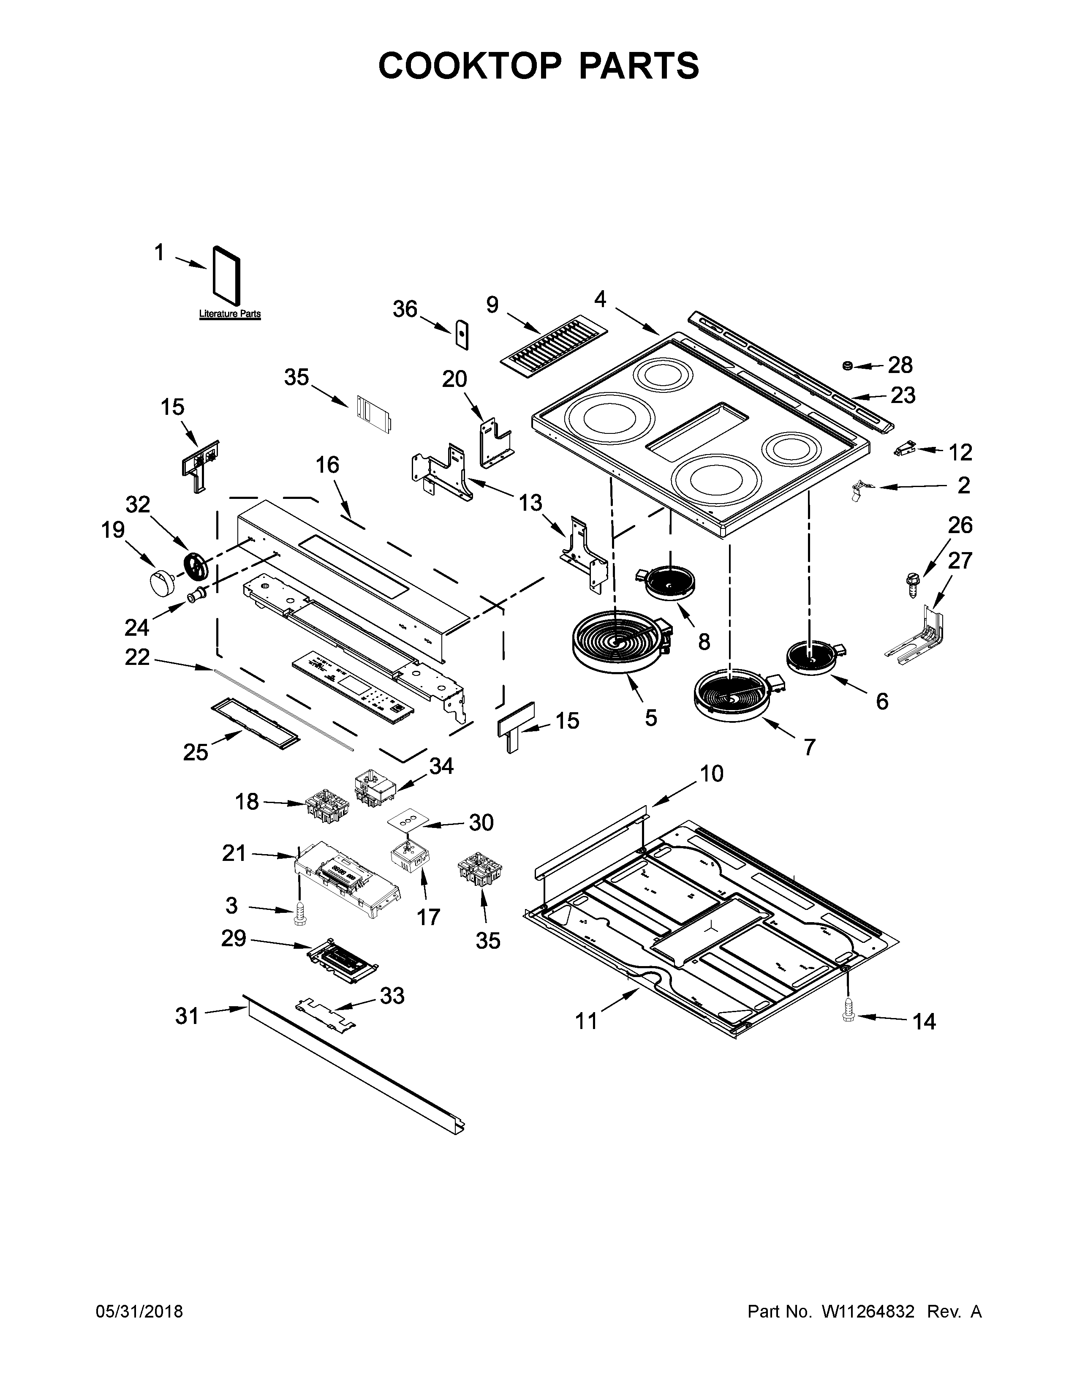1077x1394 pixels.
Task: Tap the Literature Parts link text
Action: point(230,314)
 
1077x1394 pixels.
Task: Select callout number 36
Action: point(405,310)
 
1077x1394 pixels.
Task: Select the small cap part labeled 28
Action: point(849,365)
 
